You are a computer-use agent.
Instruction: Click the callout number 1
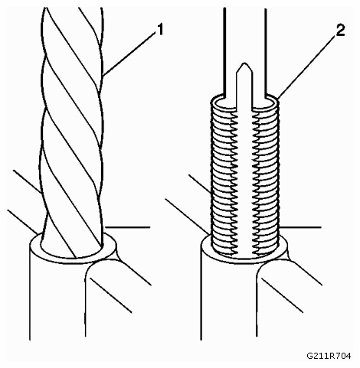(x=159, y=30)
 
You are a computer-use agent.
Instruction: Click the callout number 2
(x=340, y=31)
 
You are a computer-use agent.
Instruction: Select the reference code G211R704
(x=329, y=355)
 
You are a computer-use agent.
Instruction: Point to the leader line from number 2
(x=306, y=67)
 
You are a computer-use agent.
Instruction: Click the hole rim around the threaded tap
(x=244, y=261)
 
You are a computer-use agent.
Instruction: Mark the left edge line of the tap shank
(x=224, y=52)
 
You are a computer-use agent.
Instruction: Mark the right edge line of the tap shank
(x=266, y=52)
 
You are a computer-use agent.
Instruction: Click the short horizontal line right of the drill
(x=127, y=226)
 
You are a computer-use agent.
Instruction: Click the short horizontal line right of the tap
(x=300, y=226)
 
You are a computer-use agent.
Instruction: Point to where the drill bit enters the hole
(x=73, y=251)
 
